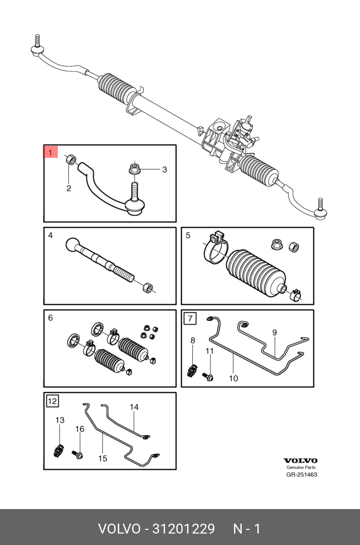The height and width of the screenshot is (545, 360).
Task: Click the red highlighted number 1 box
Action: point(50,153)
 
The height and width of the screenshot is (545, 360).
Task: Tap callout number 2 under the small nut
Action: point(69,188)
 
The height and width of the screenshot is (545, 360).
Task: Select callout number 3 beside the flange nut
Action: point(164,169)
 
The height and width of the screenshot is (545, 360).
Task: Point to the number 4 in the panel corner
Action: point(51,236)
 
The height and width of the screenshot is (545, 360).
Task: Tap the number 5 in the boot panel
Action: point(188,236)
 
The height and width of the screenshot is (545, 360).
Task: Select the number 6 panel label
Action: point(51,318)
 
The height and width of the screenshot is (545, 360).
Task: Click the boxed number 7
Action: point(190,318)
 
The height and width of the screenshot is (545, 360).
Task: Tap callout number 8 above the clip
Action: point(193,340)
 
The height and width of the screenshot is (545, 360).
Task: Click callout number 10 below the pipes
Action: point(233,378)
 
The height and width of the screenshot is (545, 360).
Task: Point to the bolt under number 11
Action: point(209,376)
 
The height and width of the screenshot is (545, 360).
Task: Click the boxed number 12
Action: point(52,401)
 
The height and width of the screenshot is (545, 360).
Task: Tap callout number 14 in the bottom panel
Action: point(134,407)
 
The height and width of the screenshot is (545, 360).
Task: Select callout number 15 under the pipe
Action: point(103,458)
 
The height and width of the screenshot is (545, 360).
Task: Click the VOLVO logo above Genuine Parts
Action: point(300,461)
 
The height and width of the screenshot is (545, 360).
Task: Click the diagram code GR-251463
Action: point(301,475)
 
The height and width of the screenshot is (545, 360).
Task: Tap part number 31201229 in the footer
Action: point(183,529)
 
